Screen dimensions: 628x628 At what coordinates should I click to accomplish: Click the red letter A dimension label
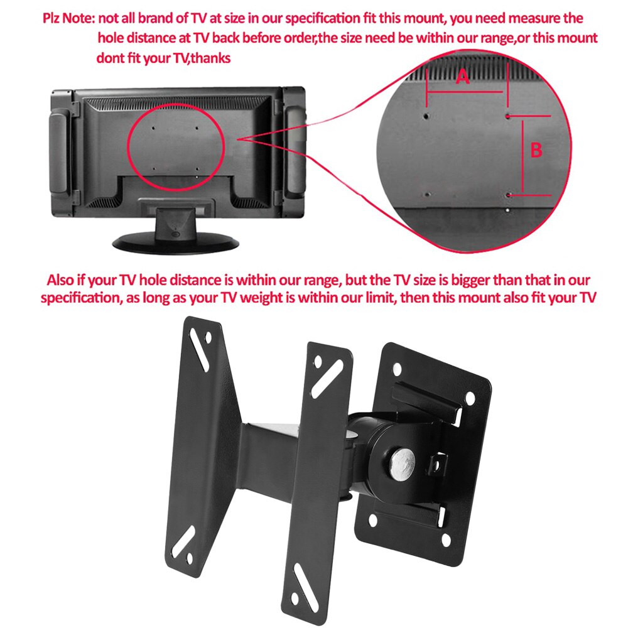462,77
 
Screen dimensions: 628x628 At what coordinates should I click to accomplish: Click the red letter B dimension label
536,151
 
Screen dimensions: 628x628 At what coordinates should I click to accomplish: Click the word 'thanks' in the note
211,58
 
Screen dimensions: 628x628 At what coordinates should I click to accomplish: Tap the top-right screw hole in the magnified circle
508,116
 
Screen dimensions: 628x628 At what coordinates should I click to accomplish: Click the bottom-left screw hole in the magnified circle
427,195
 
